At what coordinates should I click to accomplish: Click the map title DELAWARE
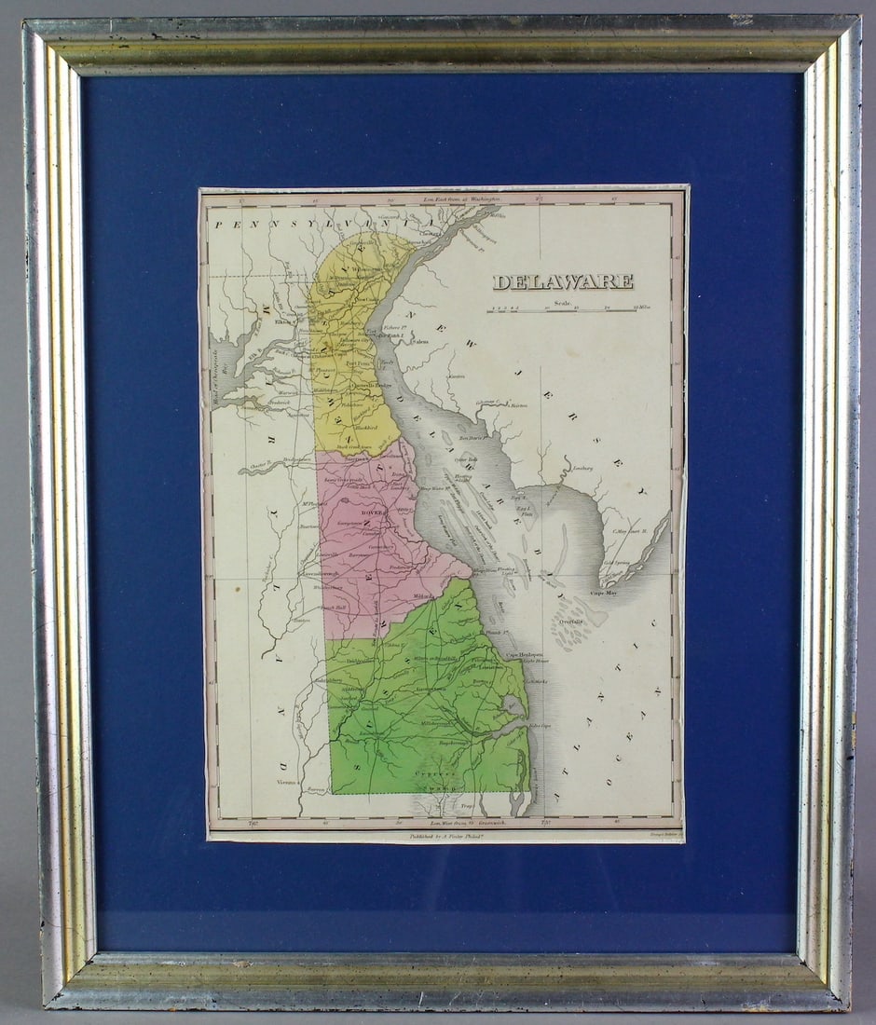pos(563,281)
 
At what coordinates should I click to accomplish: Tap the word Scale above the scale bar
pos(561,300)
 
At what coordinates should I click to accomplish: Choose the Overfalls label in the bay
pos(571,622)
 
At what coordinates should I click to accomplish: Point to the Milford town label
pos(425,597)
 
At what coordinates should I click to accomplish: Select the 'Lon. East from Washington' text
pos(462,198)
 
